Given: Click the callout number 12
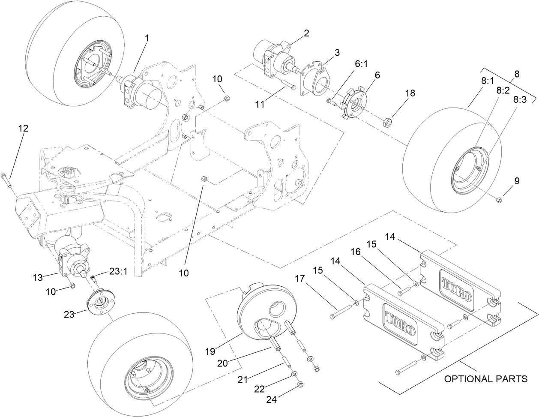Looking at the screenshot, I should pyautogui.click(x=23, y=128).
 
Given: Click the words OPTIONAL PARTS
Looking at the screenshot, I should pyautogui.click(x=485, y=379).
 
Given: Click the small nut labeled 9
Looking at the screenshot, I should pyautogui.click(x=499, y=200).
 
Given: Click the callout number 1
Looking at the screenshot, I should pyautogui.click(x=147, y=38).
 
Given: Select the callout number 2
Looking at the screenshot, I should pyautogui.click(x=306, y=34).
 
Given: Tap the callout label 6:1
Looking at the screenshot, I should pyautogui.click(x=361, y=63).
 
